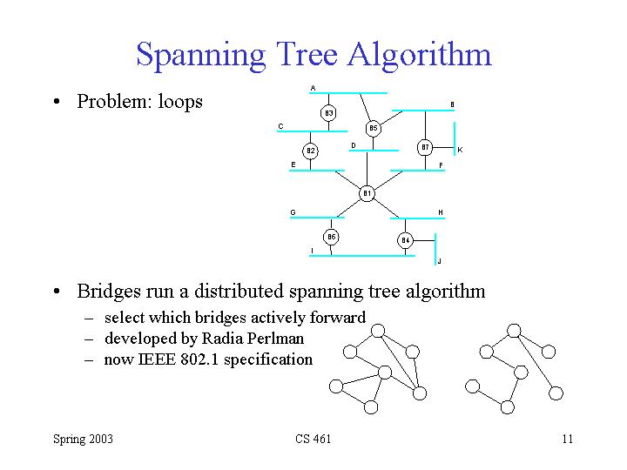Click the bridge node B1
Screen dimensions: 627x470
[367, 193]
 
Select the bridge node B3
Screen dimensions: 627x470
[328, 113]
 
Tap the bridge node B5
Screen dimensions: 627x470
[373, 128]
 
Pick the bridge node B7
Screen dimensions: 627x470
[425, 147]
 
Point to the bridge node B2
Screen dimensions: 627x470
[310, 151]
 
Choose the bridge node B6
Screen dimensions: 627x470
[331, 237]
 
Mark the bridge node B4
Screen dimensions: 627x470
[405, 240]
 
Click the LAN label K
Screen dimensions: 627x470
[461, 150]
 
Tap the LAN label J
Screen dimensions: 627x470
[439, 261]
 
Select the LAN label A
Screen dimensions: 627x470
[313, 88]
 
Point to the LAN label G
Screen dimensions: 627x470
[293, 212]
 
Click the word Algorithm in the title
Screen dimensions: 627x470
[419, 55]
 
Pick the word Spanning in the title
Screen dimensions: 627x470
[201, 56]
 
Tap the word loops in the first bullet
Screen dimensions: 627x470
[180, 102]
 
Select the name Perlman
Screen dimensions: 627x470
[275, 339]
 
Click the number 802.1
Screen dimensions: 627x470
[199, 359]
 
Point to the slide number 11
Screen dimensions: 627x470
[568, 439]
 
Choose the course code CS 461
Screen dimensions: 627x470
[313, 439]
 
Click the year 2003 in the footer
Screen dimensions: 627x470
[101, 439]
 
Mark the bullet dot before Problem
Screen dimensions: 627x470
[57, 102]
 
